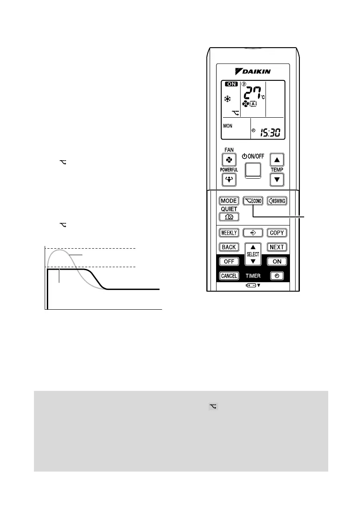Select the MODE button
tap(229, 201)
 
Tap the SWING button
tap(277, 201)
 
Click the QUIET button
tap(229, 217)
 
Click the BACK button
tap(229, 247)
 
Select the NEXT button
tap(277, 247)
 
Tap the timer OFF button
tap(229, 261)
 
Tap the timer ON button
tap(277, 261)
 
